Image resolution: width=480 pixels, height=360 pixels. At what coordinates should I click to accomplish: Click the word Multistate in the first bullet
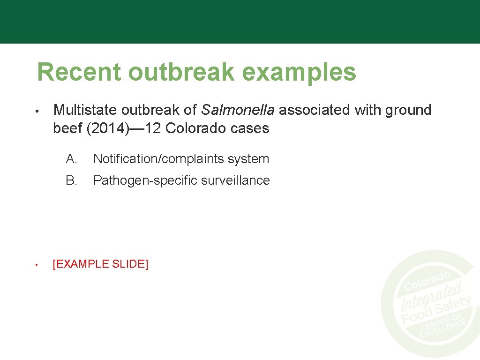coord(85,110)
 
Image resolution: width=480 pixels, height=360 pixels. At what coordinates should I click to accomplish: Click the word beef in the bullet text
coord(68,128)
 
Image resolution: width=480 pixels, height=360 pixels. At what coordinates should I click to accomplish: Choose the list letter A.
coord(72,159)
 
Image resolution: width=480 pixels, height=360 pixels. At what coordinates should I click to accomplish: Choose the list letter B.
coord(72,180)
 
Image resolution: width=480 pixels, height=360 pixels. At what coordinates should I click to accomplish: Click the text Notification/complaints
coord(159,159)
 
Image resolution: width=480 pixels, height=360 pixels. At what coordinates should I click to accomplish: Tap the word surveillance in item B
coord(238,180)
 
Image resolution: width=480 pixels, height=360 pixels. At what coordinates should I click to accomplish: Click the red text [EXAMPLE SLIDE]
coord(101,264)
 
